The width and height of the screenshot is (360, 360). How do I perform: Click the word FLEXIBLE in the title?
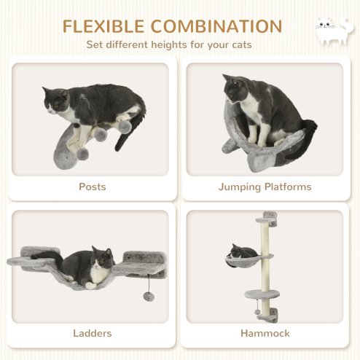click(103, 27)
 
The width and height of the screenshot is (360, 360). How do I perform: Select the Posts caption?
click(92, 187)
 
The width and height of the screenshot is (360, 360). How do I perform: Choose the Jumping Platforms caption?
click(265, 187)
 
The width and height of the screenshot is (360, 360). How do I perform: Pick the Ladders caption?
click(92, 333)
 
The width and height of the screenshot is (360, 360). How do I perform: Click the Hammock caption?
click(265, 333)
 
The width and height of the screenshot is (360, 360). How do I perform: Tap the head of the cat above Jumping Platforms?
click(235, 89)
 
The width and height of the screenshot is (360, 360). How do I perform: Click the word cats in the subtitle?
click(241, 45)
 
